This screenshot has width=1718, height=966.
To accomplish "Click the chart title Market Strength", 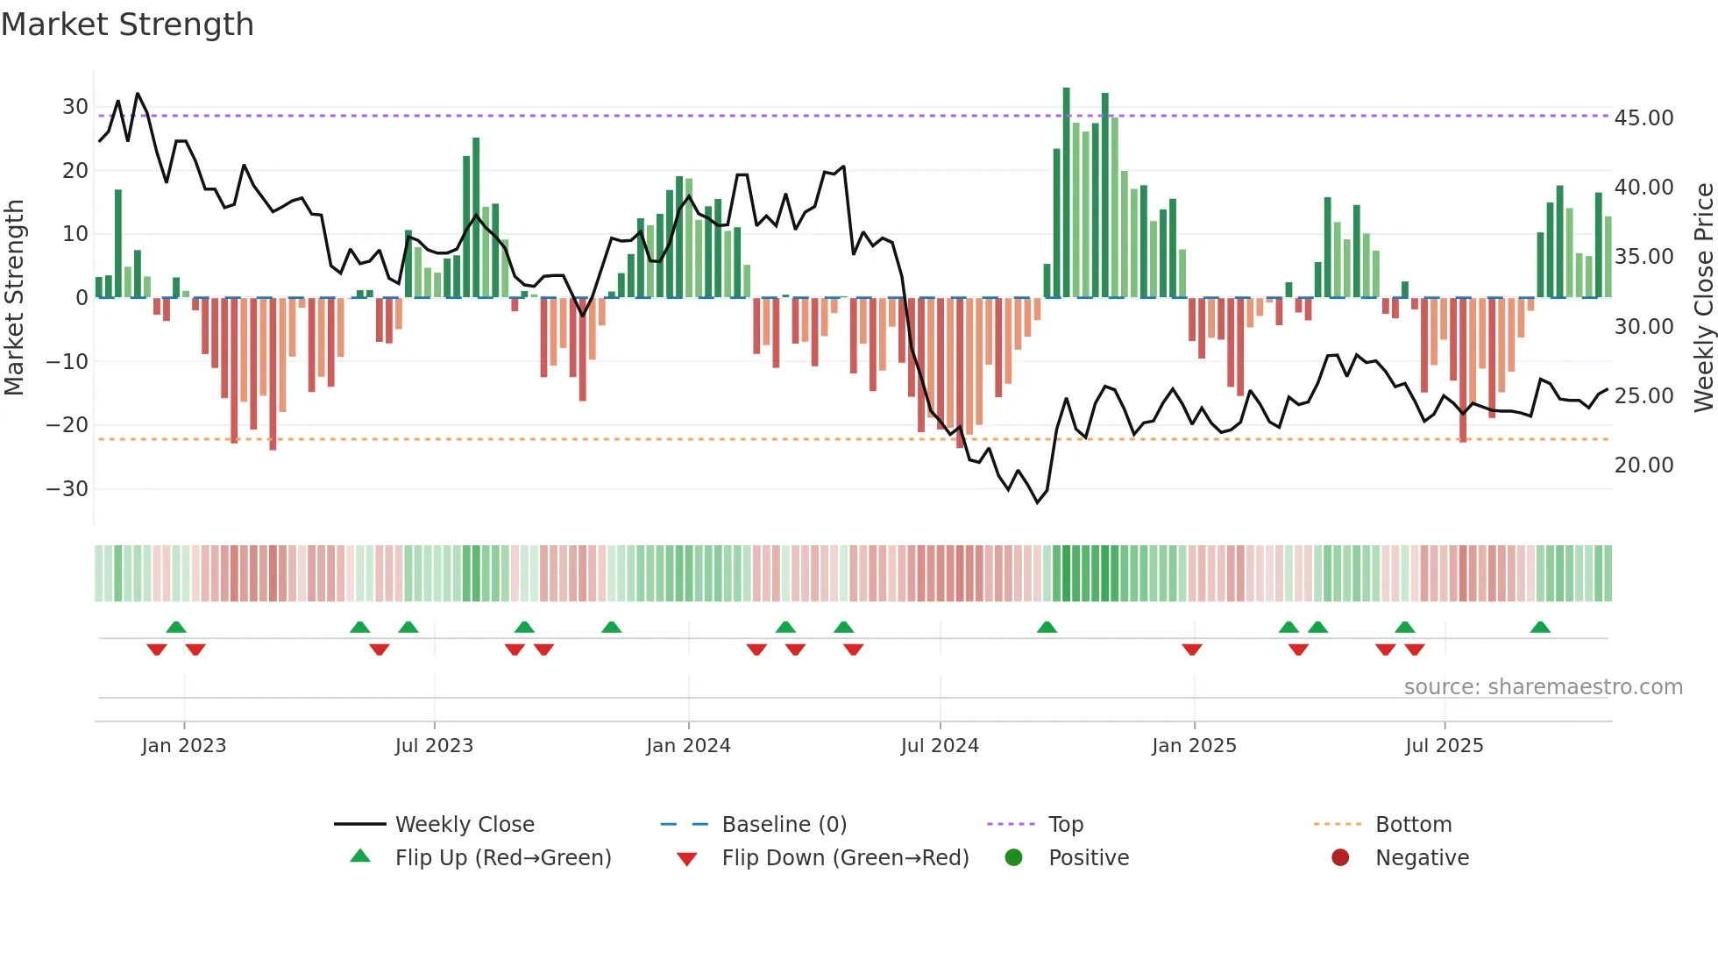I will (128, 25).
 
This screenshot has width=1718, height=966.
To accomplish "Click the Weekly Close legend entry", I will (464, 824).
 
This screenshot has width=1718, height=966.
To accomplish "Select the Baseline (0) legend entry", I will (784, 824).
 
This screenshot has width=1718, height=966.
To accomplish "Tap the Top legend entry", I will (1065, 824).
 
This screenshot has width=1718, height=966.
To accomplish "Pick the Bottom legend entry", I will (1413, 824).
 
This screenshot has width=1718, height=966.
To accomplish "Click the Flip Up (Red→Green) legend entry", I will (502, 857).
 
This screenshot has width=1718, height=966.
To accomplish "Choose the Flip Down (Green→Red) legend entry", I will (845, 857).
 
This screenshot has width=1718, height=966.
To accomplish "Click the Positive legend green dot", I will (1014, 857).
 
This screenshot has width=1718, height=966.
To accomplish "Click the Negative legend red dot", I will (1340, 857).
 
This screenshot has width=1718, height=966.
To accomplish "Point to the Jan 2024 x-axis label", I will (688, 745).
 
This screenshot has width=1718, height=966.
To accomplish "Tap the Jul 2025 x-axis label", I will (1444, 745).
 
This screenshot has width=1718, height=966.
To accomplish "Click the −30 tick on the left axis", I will (67, 488).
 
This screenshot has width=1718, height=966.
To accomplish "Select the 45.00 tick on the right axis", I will (1643, 117).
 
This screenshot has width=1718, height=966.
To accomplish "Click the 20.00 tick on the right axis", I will (1643, 465).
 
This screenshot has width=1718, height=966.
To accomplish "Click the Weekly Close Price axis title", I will (1703, 297).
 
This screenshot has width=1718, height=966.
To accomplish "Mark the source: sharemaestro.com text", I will (1543, 686).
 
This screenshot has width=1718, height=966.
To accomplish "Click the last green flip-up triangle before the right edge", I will (1540, 627).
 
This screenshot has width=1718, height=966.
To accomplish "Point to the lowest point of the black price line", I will (1037, 502).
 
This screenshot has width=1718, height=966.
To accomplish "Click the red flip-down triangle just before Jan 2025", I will (1191, 650).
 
